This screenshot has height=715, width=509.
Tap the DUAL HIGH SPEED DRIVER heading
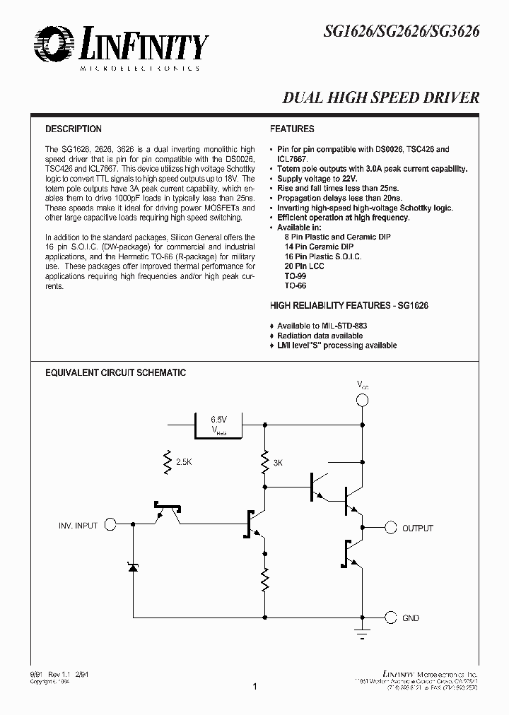(381, 98)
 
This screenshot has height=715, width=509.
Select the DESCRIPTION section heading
(74, 129)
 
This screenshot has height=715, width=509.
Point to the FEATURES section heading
(292, 129)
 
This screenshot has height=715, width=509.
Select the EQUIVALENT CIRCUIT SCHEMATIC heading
(116, 372)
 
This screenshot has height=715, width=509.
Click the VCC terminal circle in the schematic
(362, 401)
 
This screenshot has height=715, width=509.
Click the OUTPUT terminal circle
(390, 528)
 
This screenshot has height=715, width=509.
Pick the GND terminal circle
(390, 617)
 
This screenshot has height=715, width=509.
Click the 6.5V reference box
(219, 425)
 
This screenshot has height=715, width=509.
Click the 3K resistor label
(278, 463)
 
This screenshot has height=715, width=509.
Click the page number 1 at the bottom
(255, 686)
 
